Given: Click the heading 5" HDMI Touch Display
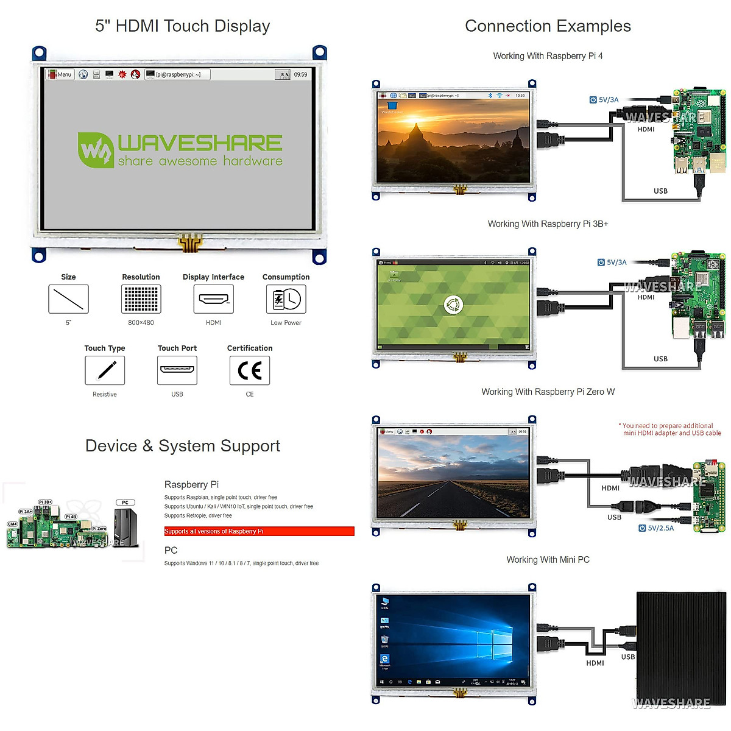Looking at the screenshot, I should pos(182,26).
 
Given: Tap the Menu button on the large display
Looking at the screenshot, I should pos(60,74).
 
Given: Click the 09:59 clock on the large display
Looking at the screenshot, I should pos(300,74).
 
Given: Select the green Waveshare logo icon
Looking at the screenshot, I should pos(95,150).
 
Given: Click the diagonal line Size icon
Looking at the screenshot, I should pos(68,299).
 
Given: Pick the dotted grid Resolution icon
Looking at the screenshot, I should pos(141,299).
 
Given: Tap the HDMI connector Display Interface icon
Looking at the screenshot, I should pos(213,299).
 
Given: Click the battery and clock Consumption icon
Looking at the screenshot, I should pos(286,299).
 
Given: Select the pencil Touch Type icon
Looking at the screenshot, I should pos(105,370).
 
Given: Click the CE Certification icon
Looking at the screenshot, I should pos(250,370).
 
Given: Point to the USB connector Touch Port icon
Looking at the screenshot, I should pos(177,370).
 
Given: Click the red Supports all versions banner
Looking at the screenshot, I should pos(259,531).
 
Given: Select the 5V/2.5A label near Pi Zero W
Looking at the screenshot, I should pos(656,528).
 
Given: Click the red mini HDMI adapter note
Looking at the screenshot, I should pos(670,429).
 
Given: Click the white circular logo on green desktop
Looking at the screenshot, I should pos(453,305).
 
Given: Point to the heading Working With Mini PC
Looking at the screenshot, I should pos(548,560).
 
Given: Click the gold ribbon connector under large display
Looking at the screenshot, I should pos(190,243).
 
